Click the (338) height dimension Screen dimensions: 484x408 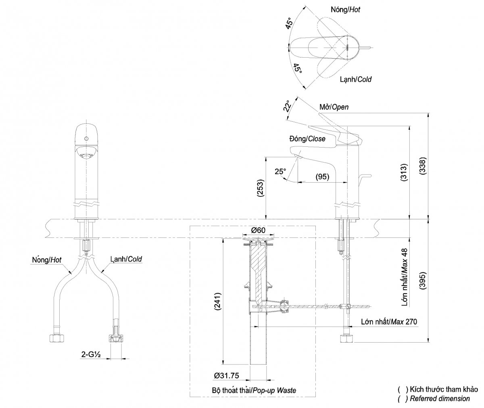[423, 166]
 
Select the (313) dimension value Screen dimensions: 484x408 [404, 173]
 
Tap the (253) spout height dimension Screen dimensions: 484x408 [261, 188]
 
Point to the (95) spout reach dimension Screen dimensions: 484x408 [322, 177]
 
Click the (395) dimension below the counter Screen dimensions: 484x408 [423, 281]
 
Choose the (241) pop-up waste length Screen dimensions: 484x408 [218, 302]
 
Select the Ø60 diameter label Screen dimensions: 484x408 [258, 230]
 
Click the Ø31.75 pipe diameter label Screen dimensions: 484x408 [226, 376]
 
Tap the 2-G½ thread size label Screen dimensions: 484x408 [91, 354]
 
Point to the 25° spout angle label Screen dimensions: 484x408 [280, 171]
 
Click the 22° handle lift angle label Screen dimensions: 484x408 [287, 106]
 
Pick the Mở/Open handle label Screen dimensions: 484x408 [334, 107]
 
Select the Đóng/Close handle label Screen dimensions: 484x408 [307, 139]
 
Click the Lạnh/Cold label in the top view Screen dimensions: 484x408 [356, 79]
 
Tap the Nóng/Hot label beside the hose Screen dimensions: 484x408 [47, 260]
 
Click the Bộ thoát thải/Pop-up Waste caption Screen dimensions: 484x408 [254, 390]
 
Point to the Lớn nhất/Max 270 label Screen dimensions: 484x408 [389, 322]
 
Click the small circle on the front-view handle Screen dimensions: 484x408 [86, 139]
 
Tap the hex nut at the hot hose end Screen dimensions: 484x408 [56, 339]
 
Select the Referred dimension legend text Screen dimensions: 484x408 [440, 398]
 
